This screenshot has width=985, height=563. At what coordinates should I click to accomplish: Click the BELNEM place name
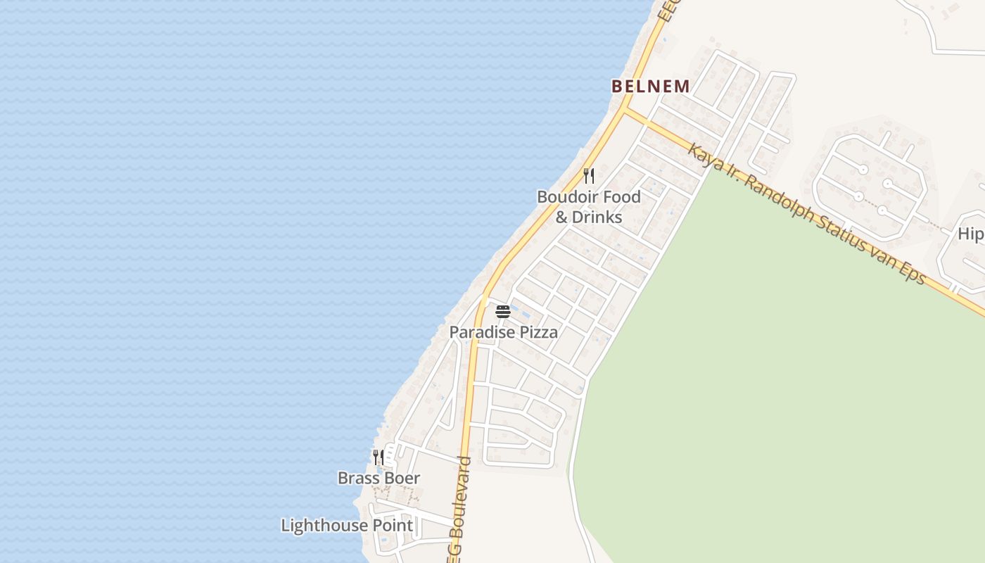coord(650,87)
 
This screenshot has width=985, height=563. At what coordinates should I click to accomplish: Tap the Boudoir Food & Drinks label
coord(589,206)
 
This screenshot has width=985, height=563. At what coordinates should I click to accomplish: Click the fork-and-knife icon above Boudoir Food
coord(589,175)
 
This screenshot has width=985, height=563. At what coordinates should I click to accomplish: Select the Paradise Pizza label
coord(504,332)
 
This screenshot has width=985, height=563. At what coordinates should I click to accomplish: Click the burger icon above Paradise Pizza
coord(502,311)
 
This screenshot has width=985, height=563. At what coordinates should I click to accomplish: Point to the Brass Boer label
coord(379,479)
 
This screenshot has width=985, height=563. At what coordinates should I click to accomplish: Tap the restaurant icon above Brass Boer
coord(378,457)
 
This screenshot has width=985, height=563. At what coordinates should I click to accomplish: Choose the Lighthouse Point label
coord(347,526)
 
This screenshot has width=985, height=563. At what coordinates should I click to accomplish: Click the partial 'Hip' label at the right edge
coord(971,234)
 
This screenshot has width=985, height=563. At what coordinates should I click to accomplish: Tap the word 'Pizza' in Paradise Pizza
coord(538,332)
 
